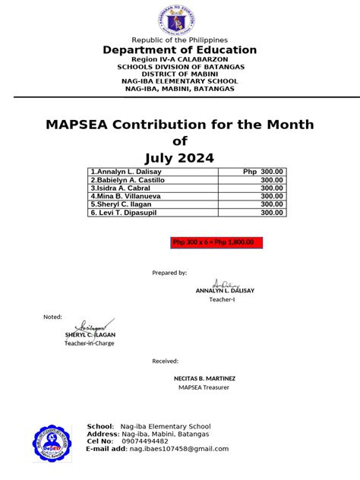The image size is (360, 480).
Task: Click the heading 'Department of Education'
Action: [180, 50]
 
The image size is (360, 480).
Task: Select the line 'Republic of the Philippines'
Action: [180, 39]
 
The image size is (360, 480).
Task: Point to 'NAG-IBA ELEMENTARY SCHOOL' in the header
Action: [180, 81]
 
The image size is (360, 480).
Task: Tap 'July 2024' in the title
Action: [180, 157]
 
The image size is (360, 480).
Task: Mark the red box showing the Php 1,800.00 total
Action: [216, 242]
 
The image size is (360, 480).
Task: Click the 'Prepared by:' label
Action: [169, 272]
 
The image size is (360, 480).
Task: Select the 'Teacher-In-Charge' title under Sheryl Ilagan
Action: [87, 343]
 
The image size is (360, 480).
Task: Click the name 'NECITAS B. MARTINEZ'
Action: [205, 377]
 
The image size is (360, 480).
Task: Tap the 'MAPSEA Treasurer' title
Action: [204, 387]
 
